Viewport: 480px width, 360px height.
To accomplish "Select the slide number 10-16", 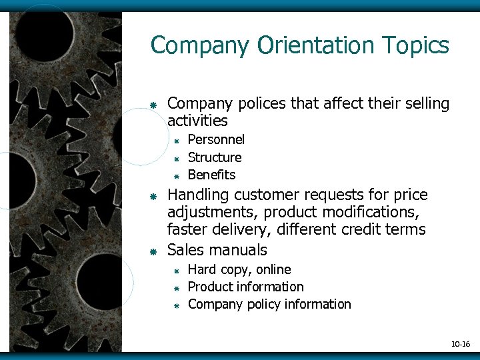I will (460, 344).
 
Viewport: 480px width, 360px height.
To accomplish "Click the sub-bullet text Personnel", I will (216, 139).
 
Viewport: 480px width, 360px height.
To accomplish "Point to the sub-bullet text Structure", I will (215, 157).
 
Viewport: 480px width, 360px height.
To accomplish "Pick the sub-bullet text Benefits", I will (211, 175).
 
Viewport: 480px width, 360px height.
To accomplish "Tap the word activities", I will (197, 121).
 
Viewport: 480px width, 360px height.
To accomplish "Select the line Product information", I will (245, 287).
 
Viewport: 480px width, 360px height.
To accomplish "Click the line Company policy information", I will (269, 304).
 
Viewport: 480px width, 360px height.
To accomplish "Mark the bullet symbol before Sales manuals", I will (153, 251).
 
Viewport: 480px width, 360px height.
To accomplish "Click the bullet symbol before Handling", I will (153, 197).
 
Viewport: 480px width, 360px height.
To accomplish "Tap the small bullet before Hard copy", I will (177, 271).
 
